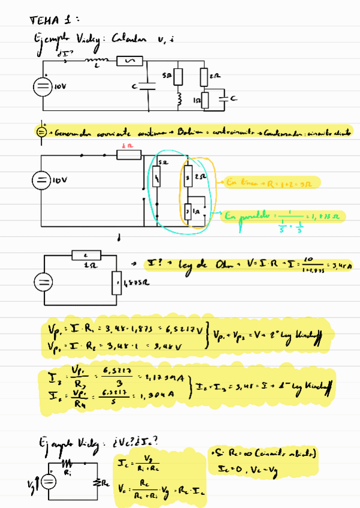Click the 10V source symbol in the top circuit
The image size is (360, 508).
42,85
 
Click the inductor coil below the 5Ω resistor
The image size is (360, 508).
179,97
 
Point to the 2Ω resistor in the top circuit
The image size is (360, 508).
204,77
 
